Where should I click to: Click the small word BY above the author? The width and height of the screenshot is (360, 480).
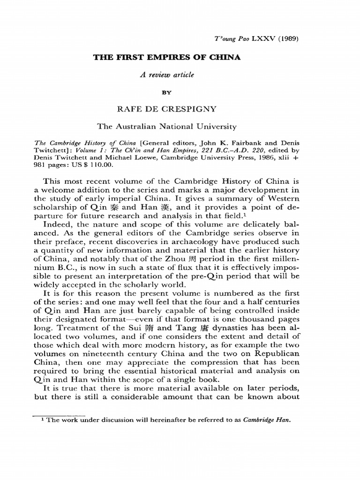[x=166, y=93]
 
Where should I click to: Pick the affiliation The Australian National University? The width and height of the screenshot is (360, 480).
[x=166, y=126]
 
